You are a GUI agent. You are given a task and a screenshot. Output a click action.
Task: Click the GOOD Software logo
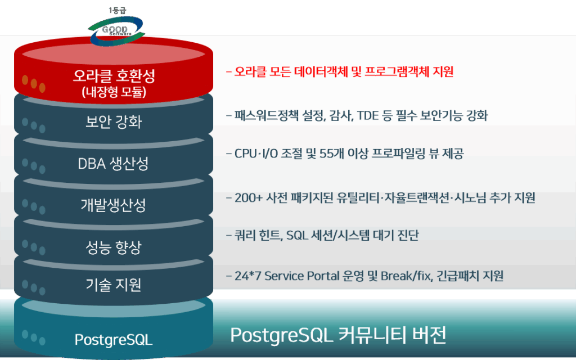tap(116, 31)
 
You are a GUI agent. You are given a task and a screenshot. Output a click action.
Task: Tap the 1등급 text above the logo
tap(118, 11)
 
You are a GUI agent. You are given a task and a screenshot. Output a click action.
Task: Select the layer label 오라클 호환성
tap(114, 75)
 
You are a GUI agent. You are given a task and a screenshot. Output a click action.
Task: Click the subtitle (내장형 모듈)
tap(114, 92)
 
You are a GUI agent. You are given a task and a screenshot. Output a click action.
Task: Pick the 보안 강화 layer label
tap(114, 121)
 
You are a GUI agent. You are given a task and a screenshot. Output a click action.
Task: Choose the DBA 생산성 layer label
tap(113, 164)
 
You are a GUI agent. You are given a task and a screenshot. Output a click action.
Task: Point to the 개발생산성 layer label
tap(113, 205)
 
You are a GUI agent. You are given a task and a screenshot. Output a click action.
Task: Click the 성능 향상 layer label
tap(114, 247)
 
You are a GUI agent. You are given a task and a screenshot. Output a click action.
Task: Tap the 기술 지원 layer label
tap(114, 285)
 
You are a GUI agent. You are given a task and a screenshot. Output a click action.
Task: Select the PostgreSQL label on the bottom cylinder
tap(114, 339)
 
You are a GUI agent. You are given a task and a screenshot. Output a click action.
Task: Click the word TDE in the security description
tap(368, 116)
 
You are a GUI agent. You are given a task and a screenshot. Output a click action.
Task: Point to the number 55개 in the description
tap(331, 153)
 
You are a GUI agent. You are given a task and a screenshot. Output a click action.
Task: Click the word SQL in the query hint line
tap(296, 235)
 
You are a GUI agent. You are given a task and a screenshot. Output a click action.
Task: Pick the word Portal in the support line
tap(323, 276)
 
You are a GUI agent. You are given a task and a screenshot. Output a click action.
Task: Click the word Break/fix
tap(406, 276)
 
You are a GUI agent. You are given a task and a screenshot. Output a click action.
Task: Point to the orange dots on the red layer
tap(33, 83)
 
